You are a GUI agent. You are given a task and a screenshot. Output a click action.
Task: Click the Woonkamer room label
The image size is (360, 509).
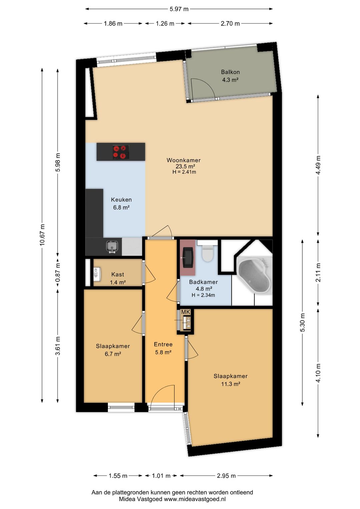pyautogui.click(x=184, y=160)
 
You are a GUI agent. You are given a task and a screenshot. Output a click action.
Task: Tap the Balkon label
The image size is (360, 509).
pyautogui.click(x=230, y=72)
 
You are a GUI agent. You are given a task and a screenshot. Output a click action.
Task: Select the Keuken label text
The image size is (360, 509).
pyautogui.click(x=121, y=200)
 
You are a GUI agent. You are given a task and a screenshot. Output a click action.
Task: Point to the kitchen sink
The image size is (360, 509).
pyautogui.click(x=113, y=247)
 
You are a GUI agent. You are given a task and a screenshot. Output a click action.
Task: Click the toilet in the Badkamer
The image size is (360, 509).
pyautogui.click(x=207, y=253)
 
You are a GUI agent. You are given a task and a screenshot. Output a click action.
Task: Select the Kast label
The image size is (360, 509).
pyautogui.click(x=118, y=275)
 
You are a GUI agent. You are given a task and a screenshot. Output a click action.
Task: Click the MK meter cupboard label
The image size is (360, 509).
pyautogui.click(x=185, y=312)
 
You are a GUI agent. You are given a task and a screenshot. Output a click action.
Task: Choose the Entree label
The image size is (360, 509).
pyautogui.click(x=163, y=344)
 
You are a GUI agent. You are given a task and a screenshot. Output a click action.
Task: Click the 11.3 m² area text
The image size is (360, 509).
pyautogui.click(x=231, y=384)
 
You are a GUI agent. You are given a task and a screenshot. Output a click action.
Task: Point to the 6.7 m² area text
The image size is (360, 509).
pyautogui.click(x=113, y=354)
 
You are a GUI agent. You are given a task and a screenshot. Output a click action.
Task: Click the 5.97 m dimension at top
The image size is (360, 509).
pyautogui.click(x=179, y=9)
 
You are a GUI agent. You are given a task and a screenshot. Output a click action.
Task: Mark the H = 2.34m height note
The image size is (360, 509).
pyautogui.click(x=203, y=295)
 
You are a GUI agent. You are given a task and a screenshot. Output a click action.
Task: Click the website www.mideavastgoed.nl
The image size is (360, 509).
pyautogui.click(x=195, y=499)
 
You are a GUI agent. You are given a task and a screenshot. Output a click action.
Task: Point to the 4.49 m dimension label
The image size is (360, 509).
pyautogui.click(x=318, y=165)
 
